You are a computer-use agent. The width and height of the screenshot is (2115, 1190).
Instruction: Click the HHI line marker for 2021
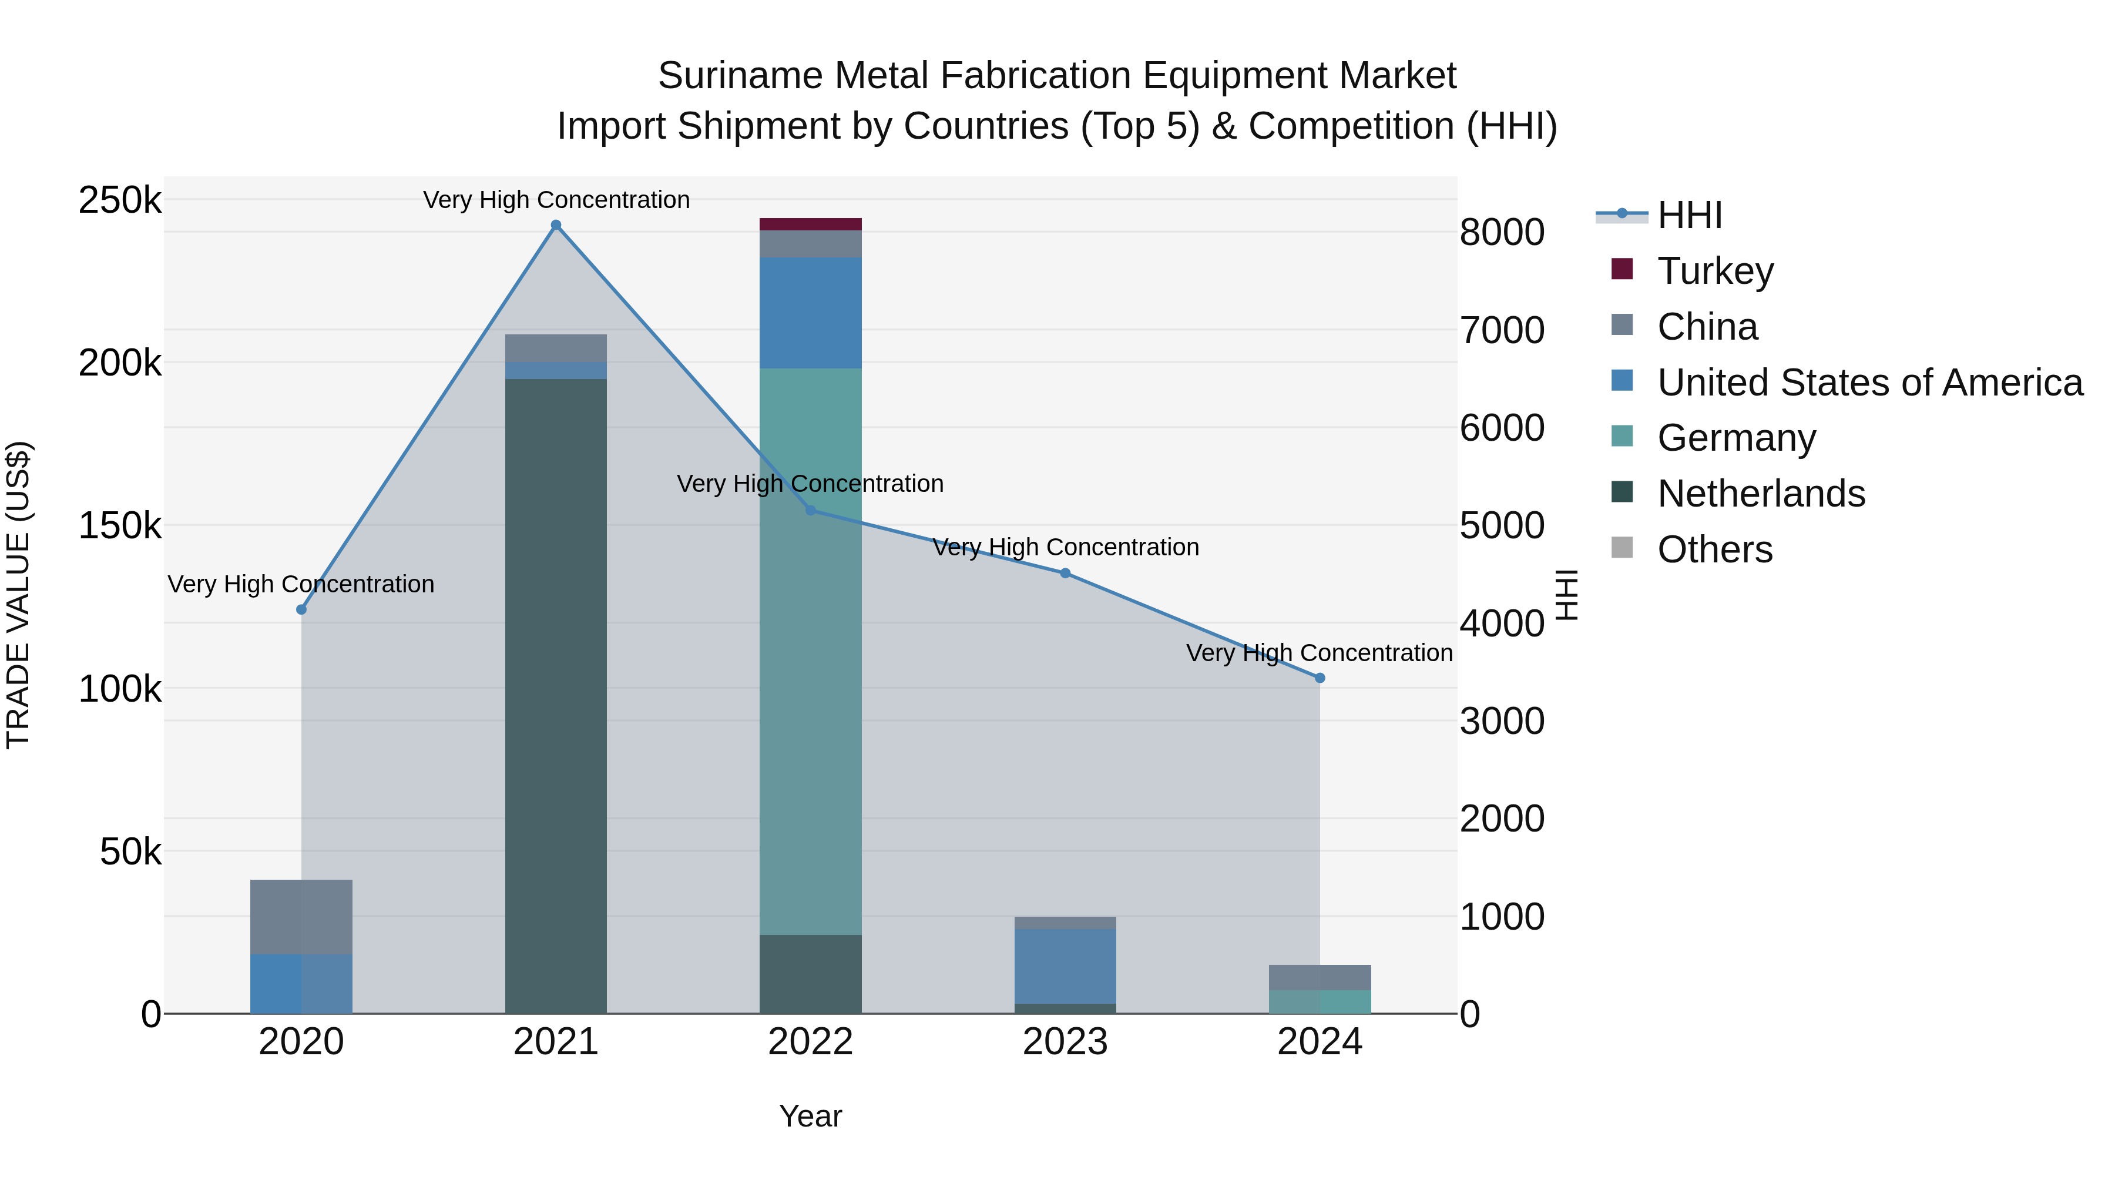click(x=556, y=225)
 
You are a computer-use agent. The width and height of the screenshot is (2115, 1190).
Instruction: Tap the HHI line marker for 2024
click(x=1320, y=678)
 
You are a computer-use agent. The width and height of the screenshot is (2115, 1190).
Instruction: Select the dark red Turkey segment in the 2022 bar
click(x=810, y=224)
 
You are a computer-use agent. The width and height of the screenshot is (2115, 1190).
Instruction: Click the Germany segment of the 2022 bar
click(x=810, y=649)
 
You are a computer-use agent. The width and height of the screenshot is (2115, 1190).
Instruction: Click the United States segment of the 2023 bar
click(x=1065, y=966)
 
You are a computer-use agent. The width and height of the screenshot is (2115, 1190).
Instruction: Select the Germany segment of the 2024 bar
click(x=1320, y=1001)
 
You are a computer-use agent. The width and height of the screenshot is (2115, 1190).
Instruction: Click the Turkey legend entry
click(x=1714, y=271)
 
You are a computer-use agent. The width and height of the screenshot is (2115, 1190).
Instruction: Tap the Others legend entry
click(x=1714, y=549)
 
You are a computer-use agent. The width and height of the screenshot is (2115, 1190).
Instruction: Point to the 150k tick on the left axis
click(x=120, y=525)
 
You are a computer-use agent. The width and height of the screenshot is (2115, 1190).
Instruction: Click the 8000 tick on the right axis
click(x=1502, y=232)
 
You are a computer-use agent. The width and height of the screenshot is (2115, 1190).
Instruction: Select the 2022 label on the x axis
click(x=810, y=1042)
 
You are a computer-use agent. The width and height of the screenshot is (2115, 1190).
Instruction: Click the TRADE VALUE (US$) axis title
click(x=18, y=595)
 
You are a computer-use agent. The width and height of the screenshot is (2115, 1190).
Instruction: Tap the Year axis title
click(x=810, y=1116)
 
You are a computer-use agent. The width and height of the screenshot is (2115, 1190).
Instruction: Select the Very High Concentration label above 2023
click(x=1065, y=547)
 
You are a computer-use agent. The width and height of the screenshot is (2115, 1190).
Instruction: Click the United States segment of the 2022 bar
click(x=810, y=313)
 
